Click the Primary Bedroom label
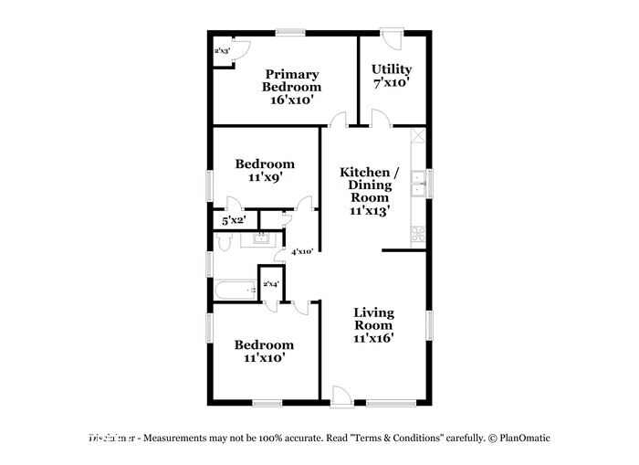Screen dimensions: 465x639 tap(291, 87)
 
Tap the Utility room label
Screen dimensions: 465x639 tap(391, 75)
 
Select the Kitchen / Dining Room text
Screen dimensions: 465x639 tap(369, 190)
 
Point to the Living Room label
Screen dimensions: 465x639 tap(373, 324)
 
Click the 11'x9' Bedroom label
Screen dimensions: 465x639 tap(265, 171)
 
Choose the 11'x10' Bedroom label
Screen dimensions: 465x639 tap(264, 351)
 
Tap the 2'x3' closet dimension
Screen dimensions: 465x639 tap(222, 51)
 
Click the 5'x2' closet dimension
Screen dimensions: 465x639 tap(233, 220)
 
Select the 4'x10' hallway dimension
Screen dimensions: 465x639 tap(301, 251)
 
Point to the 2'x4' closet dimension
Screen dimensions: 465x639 tap(271, 284)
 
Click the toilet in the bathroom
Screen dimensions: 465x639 tap(225, 242)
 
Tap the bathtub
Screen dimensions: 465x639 tap(236, 291)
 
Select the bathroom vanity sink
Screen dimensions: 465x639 tap(260, 239)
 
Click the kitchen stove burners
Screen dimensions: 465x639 tap(418, 235)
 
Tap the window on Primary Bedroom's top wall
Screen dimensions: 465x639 tap(290, 34)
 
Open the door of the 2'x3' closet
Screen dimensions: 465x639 tap(237, 53)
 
